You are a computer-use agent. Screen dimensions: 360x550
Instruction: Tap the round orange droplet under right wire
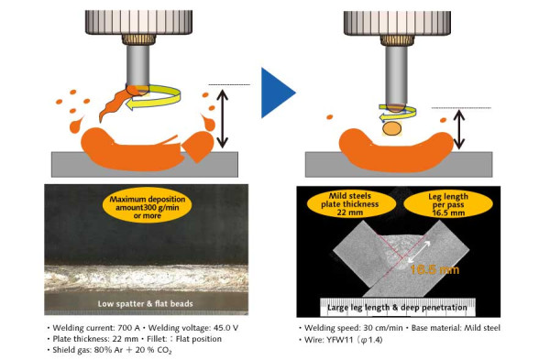(391, 131)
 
